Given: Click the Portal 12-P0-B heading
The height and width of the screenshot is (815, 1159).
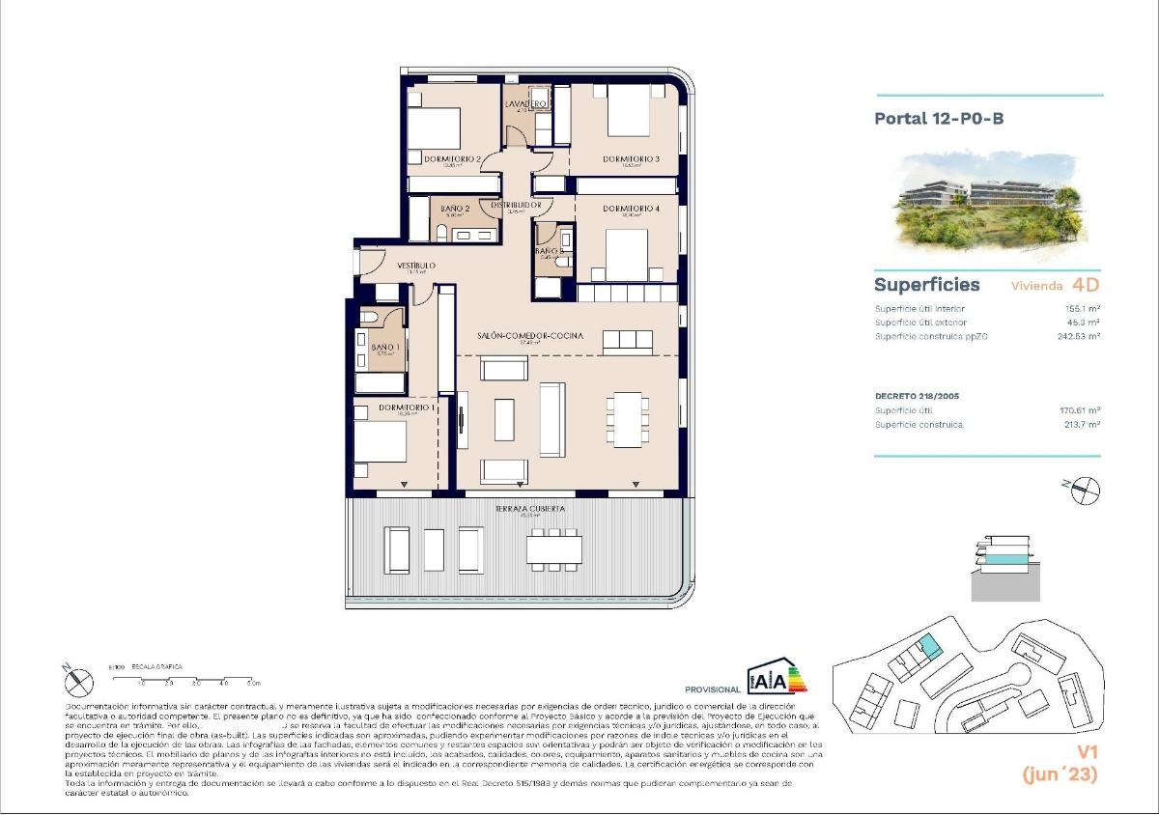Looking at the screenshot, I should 933,120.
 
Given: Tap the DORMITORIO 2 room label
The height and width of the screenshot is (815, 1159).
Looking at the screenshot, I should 444,159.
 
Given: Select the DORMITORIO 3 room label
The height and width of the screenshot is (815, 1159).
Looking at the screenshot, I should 631,159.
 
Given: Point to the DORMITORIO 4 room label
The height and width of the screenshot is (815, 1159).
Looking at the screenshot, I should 631,209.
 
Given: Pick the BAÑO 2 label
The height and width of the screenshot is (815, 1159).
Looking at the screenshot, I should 455,209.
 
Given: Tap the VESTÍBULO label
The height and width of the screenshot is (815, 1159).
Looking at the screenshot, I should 416,266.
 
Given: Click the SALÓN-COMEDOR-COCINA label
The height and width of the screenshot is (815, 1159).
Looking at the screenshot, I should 528,335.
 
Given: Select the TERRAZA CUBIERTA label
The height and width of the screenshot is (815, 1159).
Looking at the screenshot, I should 529,507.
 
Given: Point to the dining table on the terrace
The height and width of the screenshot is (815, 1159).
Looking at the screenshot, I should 554,549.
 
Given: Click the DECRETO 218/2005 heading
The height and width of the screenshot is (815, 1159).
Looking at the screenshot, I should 917,396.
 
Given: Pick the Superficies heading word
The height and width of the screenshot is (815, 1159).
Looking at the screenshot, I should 926,285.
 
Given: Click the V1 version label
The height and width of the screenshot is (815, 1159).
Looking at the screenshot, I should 1088,752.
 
